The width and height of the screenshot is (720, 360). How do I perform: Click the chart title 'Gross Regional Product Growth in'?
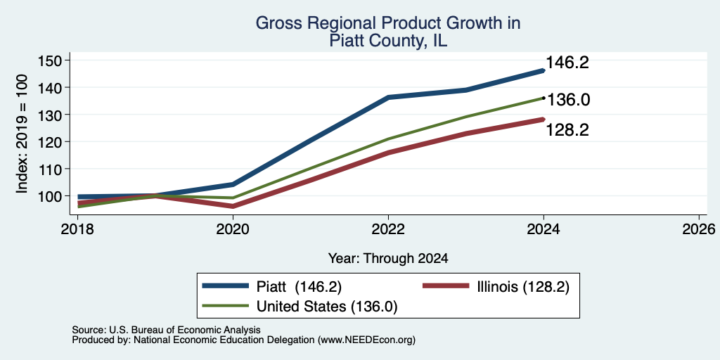[x=388, y=23]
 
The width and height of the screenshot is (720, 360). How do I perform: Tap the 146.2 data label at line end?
[x=567, y=63]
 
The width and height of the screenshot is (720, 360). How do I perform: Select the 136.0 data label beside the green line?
[x=568, y=100]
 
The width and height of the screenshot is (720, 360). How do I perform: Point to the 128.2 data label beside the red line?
[x=567, y=130]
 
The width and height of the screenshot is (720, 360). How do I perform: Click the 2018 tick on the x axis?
[x=77, y=229]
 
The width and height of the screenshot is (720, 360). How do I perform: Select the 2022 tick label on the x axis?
[x=388, y=229]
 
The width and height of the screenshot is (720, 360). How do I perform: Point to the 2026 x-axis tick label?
[x=699, y=229]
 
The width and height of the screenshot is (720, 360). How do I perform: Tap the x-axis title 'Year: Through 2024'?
[x=388, y=259]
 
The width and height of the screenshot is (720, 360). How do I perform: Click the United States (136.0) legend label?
[x=326, y=307]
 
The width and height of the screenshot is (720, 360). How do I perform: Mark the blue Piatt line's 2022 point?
[x=388, y=97]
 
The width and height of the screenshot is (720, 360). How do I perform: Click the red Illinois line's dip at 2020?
[x=233, y=206]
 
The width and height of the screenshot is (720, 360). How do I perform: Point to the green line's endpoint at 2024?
[x=544, y=98]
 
